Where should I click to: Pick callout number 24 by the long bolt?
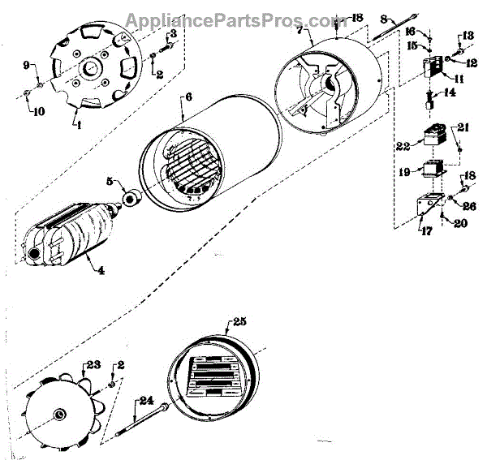[146, 399]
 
